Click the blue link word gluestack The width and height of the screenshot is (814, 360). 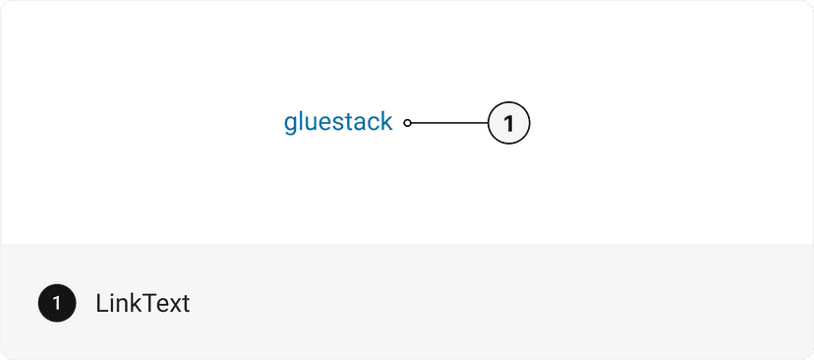tap(338, 123)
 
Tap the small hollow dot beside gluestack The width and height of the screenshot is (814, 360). tap(408, 123)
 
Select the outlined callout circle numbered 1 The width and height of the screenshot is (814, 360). tap(508, 123)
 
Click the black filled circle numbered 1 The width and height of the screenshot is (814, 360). tap(57, 303)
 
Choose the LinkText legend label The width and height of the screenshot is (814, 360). tap(143, 303)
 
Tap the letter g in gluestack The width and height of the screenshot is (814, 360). tap(291, 125)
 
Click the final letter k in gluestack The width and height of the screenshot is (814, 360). tap(386, 122)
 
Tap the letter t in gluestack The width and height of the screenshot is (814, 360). tap(350, 123)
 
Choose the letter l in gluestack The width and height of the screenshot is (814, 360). tap(303, 122)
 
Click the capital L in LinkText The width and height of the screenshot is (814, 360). tap(101, 303)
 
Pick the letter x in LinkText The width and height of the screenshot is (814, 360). tap(172, 305)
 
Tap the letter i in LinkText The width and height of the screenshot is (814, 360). tap(112, 303)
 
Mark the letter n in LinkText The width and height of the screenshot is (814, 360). tap(122, 305)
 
